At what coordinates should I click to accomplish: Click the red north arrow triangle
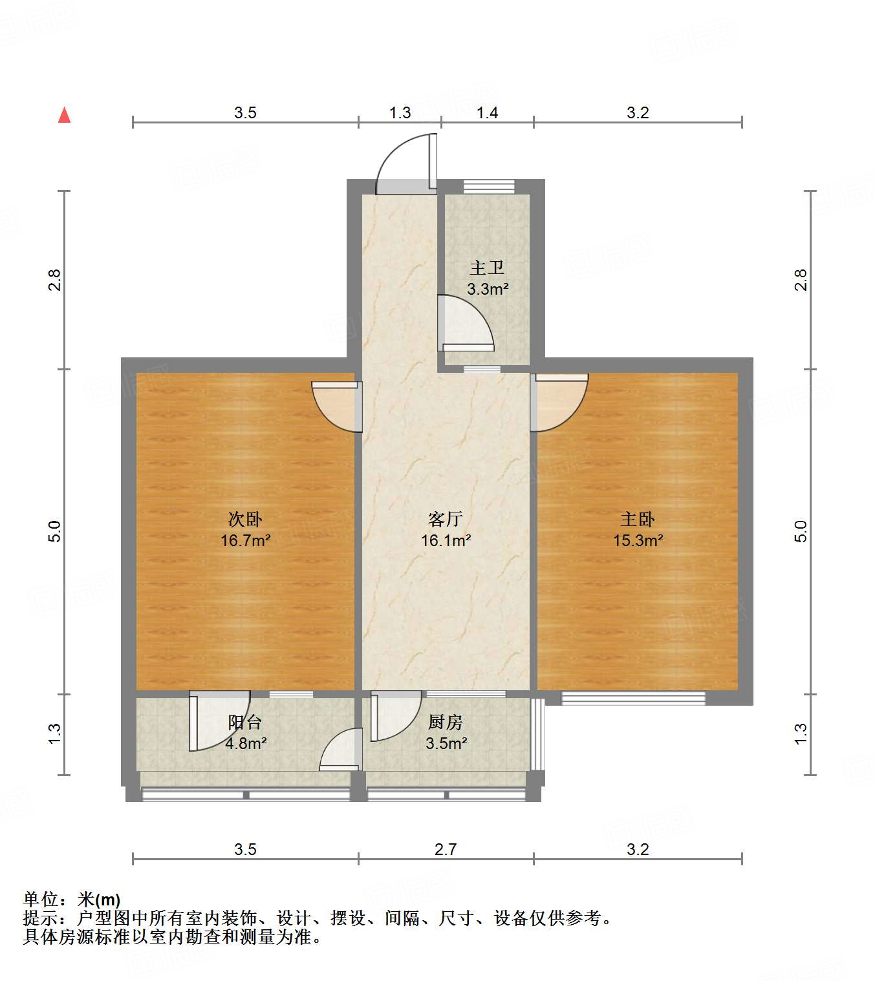(64, 115)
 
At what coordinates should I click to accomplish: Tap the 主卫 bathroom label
(486, 268)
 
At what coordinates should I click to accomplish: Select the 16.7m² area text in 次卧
(245, 540)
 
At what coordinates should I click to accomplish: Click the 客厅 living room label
(445, 519)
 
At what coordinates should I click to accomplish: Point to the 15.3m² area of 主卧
(638, 540)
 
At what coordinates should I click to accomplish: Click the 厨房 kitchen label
(445, 722)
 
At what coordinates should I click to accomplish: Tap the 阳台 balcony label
(245, 722)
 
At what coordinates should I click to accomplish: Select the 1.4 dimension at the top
(487, 113)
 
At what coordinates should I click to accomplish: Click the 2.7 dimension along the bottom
(445, 849)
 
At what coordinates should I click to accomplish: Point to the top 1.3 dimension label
(400, 113)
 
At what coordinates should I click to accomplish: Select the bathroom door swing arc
(466, 323)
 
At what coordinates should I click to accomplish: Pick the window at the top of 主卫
(489, 186)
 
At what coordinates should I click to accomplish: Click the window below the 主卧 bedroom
(633, 698)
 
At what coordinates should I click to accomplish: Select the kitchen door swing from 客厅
(394, 715)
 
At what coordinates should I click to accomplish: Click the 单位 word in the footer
(41, 899)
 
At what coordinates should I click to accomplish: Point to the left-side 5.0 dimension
(55, 531)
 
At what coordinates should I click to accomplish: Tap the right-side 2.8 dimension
(801, 280)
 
